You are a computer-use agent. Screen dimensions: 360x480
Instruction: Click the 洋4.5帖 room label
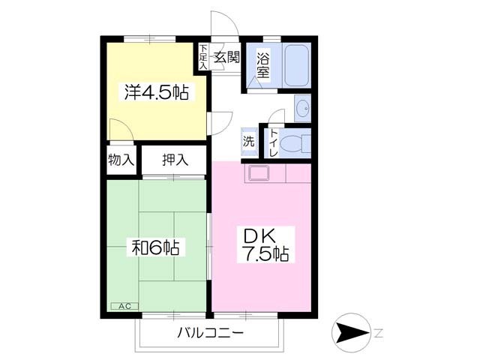[155, 94]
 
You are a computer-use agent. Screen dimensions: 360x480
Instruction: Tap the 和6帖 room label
[155, 246]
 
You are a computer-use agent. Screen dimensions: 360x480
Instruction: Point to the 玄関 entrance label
[226, 56]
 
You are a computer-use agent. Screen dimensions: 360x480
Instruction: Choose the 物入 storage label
[121, 159]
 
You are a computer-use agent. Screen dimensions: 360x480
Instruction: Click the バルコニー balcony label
[210, 333]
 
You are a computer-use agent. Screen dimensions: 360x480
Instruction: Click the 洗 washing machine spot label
[248, 141]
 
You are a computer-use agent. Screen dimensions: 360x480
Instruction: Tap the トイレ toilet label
[274, 142]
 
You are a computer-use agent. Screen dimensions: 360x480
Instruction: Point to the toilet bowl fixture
[298, 142]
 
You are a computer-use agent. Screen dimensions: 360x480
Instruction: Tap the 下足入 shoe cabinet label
[203, 57]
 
